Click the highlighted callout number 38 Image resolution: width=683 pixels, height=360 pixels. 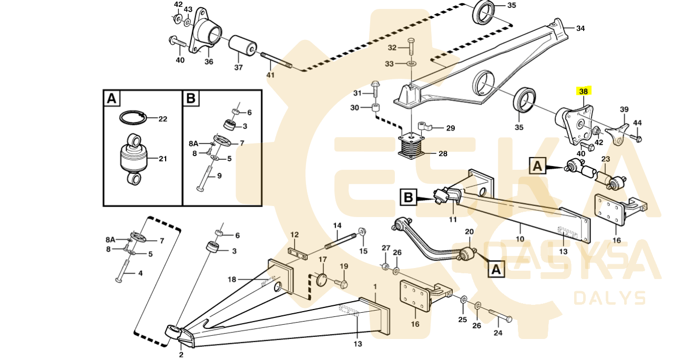583,91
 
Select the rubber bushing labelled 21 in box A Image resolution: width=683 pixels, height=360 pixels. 133,159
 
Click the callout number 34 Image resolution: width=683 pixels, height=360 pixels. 580,28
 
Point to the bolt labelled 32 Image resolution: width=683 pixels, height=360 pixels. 411,47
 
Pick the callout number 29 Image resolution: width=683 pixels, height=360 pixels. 451,128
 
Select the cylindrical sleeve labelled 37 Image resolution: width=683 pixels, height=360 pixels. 243,46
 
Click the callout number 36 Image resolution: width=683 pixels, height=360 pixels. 209,61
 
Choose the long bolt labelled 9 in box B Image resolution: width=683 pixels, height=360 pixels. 205,179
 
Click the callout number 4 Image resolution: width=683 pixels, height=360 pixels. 140,273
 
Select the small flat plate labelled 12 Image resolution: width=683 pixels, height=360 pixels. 298,254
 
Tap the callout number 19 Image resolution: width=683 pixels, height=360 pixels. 344,266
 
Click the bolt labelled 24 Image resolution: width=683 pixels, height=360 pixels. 501,315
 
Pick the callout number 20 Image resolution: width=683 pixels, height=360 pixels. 469,232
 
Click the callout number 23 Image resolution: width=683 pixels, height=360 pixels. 606,159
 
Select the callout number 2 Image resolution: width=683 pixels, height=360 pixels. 181,355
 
